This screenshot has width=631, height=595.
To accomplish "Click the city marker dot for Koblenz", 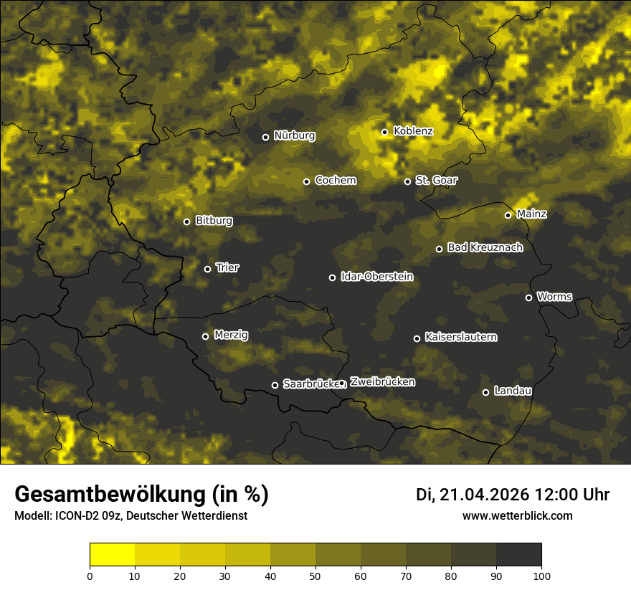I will [385, 132].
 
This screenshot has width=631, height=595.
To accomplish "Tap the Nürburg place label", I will [294, 135].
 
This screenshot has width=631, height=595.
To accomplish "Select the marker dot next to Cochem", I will [306, 181].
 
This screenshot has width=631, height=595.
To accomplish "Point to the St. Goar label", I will [436, 180].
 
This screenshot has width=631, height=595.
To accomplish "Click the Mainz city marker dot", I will [508, 215].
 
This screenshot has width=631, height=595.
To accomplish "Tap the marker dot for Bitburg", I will [186, 222].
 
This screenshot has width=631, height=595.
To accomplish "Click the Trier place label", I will [227, 267].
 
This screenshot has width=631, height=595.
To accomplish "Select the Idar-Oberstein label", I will [376, 276].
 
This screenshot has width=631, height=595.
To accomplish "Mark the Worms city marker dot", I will [528, 297].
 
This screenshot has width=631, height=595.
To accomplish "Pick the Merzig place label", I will [231, 335].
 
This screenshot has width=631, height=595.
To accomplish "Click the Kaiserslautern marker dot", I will [417, 338].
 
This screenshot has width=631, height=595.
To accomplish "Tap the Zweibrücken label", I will [382, 382].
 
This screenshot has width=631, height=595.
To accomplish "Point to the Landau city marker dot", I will [485, 392].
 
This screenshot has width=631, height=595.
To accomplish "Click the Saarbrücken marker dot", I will [275, 385].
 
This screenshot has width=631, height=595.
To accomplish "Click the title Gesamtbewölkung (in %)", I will [141, 495].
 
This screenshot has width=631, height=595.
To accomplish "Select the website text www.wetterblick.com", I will [517, 515].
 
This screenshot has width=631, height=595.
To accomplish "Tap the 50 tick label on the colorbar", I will [315, 576].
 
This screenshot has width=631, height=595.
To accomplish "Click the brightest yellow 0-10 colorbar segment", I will [112, 555].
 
